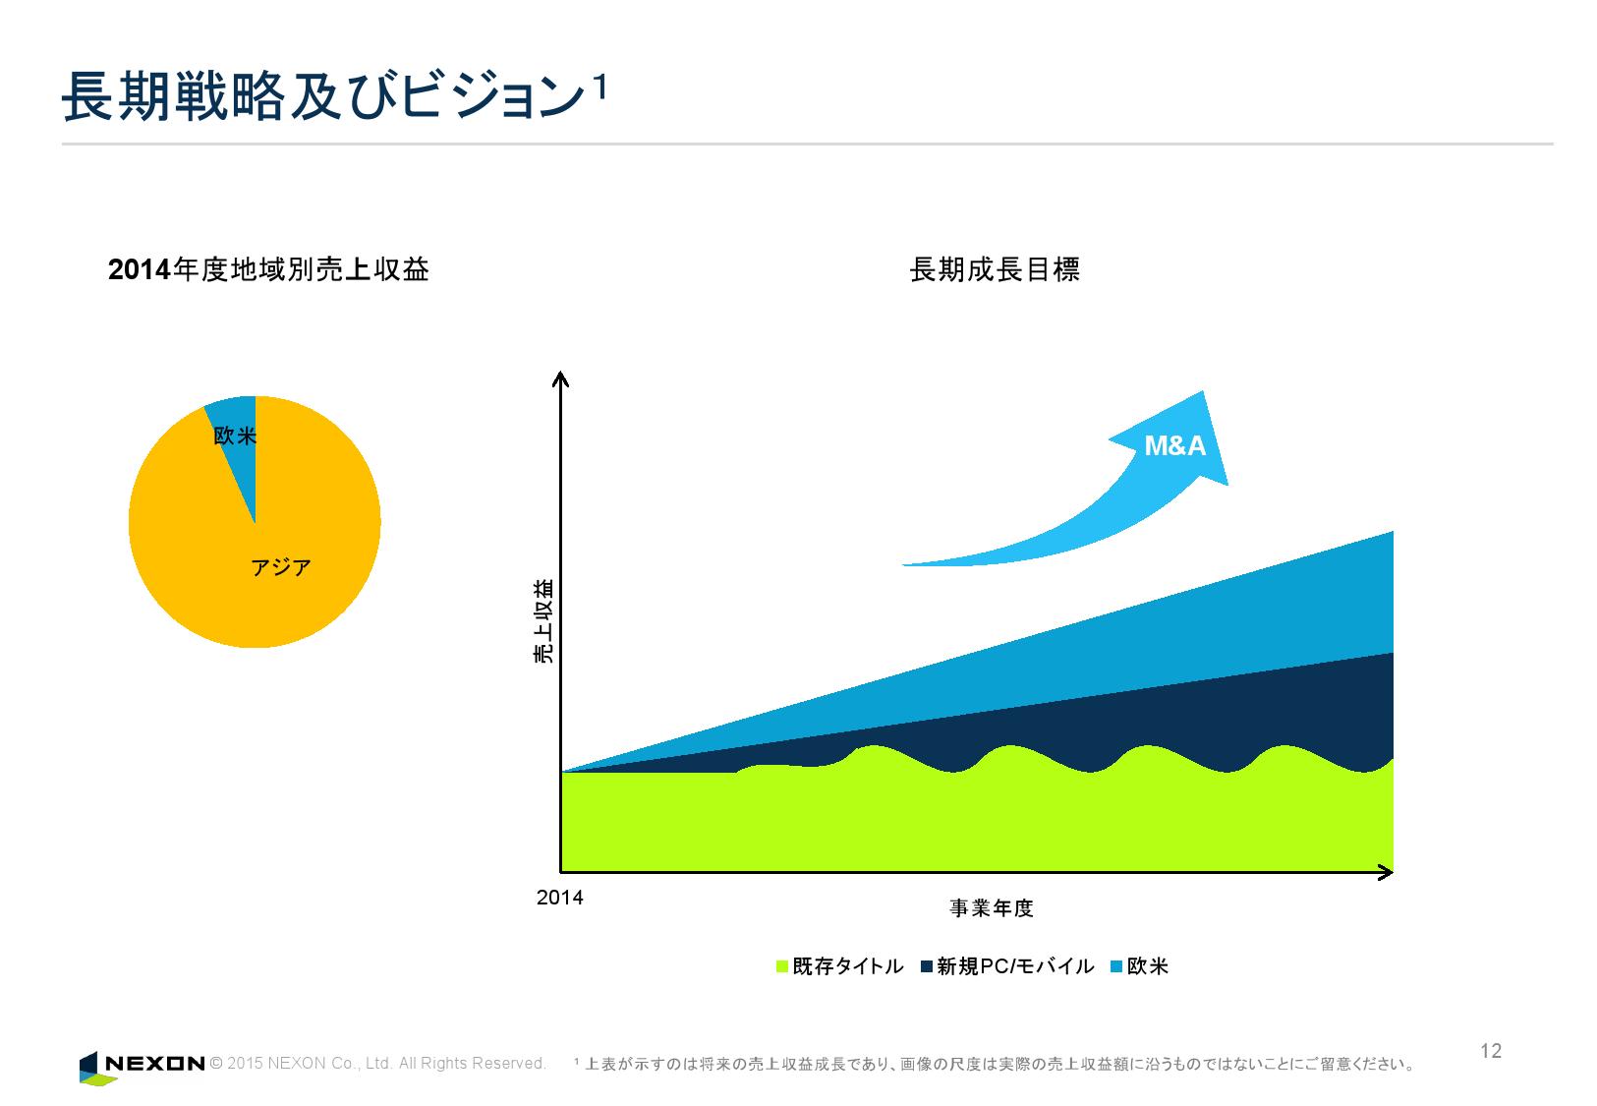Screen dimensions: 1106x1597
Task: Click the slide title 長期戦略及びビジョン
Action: (320, 99)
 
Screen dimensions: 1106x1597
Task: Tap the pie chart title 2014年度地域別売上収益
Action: (268, 269)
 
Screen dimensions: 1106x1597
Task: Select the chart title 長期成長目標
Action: (995, 269)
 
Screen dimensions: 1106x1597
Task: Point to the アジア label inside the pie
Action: (281, 567)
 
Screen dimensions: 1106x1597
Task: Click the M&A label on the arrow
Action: (1174, 446)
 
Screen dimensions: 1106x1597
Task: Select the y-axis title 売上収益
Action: (543, 621)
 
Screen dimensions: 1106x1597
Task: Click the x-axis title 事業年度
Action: (991, 907)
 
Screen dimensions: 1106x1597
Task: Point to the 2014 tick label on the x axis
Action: (559, 898)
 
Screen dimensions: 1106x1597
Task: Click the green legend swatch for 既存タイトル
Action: (782, 966)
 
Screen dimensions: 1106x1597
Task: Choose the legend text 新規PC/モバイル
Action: (1015, 966)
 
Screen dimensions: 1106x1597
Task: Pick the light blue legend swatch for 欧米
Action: (1115, 966)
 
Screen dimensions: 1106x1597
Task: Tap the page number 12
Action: (1490, 1051)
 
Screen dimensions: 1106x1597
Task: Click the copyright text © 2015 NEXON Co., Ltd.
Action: (378, 1064)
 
